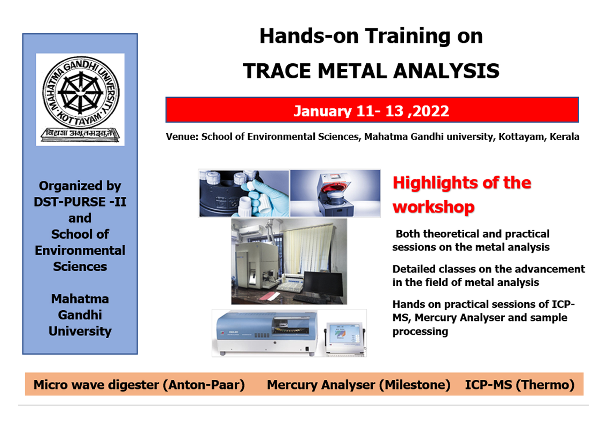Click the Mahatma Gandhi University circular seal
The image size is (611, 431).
pos(81,93)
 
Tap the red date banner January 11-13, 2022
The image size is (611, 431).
pos(372,110)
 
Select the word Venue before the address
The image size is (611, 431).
pos(182,137)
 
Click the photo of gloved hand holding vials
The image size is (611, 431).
pos(244,193)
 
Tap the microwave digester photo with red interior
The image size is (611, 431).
pos(335,193)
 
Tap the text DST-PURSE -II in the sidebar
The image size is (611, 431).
pos(80,202)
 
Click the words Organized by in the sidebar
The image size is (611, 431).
pos(80,186)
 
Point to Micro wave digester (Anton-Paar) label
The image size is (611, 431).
pos(139,385)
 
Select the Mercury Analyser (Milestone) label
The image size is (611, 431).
pos(358,385)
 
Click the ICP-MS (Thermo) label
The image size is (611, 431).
pos(520,385)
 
